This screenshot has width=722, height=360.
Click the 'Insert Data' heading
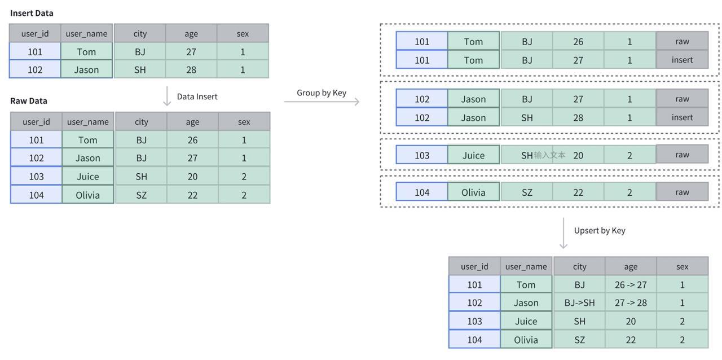coord(32,13)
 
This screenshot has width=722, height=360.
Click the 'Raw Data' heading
coord(29,101)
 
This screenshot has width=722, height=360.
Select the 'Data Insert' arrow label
coord(197,96)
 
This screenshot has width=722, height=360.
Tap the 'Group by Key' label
coord(322,93)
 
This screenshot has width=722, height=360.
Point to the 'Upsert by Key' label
coord(600,230)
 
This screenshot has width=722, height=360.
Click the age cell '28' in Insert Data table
coord(191,69)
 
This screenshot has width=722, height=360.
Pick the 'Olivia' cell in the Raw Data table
coord(87,195)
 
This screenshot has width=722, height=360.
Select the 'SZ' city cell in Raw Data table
coord(141,195)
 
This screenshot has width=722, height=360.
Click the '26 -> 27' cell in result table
coord(631,284)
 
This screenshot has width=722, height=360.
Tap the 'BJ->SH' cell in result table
coord(579,302)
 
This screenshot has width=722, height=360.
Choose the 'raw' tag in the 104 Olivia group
coord(682,192)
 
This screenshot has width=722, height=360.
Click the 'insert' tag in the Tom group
coord(682,60)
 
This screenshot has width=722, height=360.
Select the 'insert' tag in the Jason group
coord(682,117)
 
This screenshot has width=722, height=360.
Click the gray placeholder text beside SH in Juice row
coord(549,155)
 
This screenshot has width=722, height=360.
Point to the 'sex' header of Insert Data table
coord(243,33)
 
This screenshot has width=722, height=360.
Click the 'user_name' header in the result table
coord(526,266)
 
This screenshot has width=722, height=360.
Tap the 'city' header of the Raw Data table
coord(141,121)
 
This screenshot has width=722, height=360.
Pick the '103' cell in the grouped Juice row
coord(422,155)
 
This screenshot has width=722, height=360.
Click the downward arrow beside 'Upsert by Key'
coord(563,234)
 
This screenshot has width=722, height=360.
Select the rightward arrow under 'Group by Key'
coord(322,102)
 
